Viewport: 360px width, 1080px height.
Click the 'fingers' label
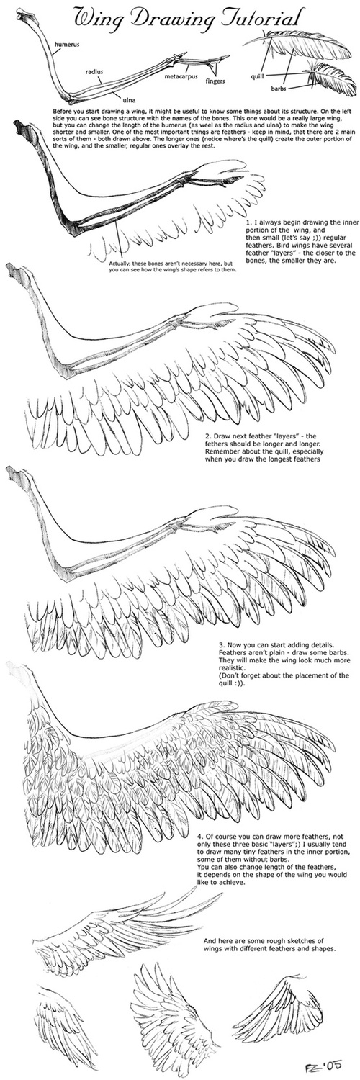coord(216,80)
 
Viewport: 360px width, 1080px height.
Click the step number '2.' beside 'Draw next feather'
coord(207,436)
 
